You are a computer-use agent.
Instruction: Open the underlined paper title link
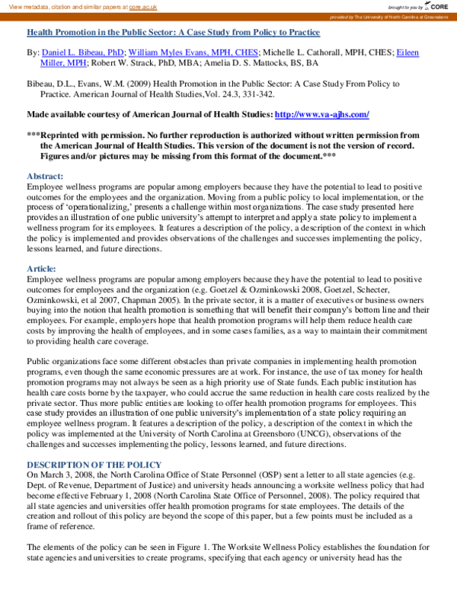tap(173, 33)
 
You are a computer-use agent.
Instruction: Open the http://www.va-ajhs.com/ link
tap(321, 114)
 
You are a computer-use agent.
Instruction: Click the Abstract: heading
tap(46, 176)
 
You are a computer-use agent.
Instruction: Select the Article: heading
tap(42, 269)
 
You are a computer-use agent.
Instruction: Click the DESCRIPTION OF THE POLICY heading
tap(94, 465)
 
